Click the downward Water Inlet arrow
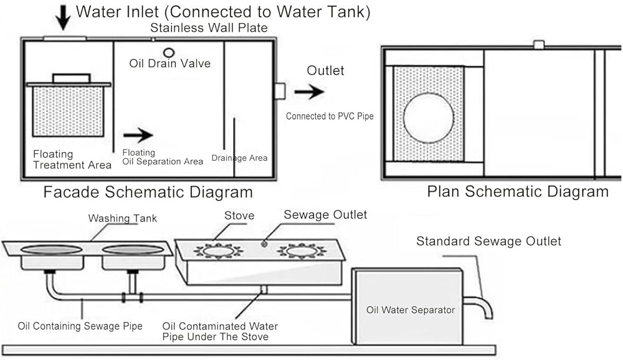[63, 16]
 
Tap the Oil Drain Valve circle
[169, 52]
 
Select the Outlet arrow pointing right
[309, 92]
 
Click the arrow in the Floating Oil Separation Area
[138, 135]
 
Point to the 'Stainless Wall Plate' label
[209, 28]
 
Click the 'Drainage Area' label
[239, 158]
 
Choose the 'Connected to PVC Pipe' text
[330, 116]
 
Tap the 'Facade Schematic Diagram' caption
[148, 192]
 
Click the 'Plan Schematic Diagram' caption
[518, 192]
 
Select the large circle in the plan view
[429, 118]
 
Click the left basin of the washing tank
[52, 250]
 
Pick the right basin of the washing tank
[132, 250]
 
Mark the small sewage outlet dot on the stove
[264, 244]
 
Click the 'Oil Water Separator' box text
[411, 310]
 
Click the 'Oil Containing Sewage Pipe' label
[80, 326]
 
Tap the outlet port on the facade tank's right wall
[280, 91]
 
